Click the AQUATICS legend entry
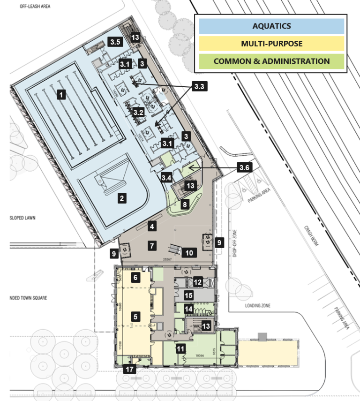(x=271, y=26)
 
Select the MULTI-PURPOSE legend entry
(x=271, y=44)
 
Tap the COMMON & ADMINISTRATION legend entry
(x=271, y=61)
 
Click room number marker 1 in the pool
(x=60, y=94)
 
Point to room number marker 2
(x=122, y=198)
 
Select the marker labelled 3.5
(x=115, y=42)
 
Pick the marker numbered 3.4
(x=166, y=178)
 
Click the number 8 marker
(x=185, y=204)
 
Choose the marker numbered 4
(x=151, y=227)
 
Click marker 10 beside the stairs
(x=189, y=253)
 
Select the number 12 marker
(x=198, y=282)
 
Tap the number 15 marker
(x=188, y=296)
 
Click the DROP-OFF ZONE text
(x=236, y=244)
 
